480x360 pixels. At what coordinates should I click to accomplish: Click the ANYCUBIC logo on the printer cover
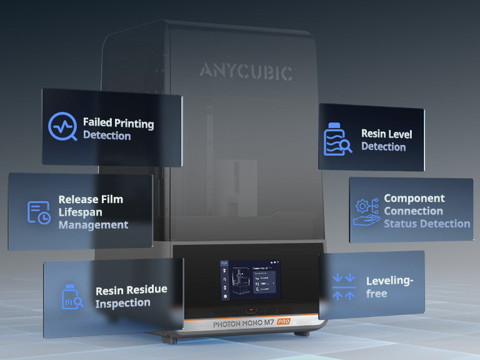[x=246, y=71]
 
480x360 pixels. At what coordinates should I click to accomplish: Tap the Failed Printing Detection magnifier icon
[x=62, y=127]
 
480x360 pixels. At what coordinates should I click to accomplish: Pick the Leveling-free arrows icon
[x=344, y=286]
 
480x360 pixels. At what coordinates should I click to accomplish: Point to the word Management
[x=93, y=224]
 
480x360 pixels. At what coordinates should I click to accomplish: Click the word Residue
[x=146, y=291]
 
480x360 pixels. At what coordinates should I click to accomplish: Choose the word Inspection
[x=122, y=303]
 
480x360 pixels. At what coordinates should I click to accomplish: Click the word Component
[x=414, y=198]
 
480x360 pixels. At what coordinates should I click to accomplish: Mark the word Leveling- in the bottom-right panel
[x=389, y=281]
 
